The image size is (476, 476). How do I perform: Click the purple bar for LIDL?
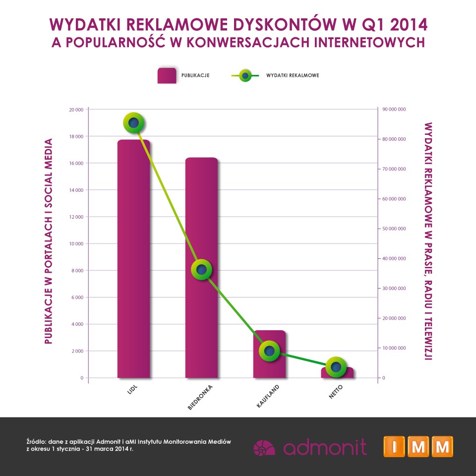click(x=133, y=258)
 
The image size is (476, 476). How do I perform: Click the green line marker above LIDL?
click(x=133, y=123)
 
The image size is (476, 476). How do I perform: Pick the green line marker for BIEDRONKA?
click(x=201, y=270)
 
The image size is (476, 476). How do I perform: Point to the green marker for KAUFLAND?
click(x=269, y=351)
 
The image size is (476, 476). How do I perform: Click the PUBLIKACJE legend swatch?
click(x=167, y=76)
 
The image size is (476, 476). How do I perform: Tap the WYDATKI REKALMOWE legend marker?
click(x=245, y=76)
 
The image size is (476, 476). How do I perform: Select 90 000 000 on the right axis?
click(x=394, y=110)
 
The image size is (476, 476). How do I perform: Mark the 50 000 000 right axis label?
click(x=394, y=229)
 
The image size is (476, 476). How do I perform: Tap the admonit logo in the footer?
click(x=310, y=446)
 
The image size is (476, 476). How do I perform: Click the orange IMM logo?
click(x=418, y=446)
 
